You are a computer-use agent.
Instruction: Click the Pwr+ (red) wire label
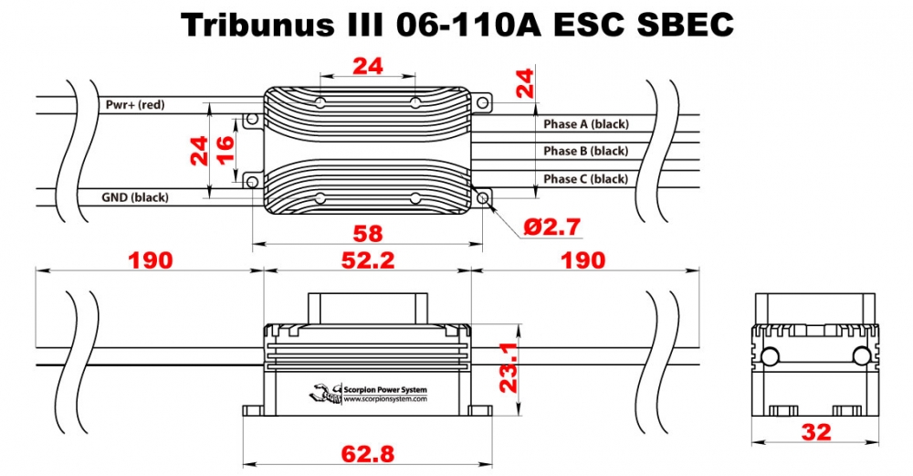click(135, 105)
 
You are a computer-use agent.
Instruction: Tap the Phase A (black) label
click(585, 123)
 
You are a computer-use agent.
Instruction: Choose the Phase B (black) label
click(585, 151)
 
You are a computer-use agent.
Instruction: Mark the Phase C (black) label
click(585, 179)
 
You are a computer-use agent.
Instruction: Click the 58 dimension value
click(368, 233)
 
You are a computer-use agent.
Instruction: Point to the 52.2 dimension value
click(367, 260)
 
